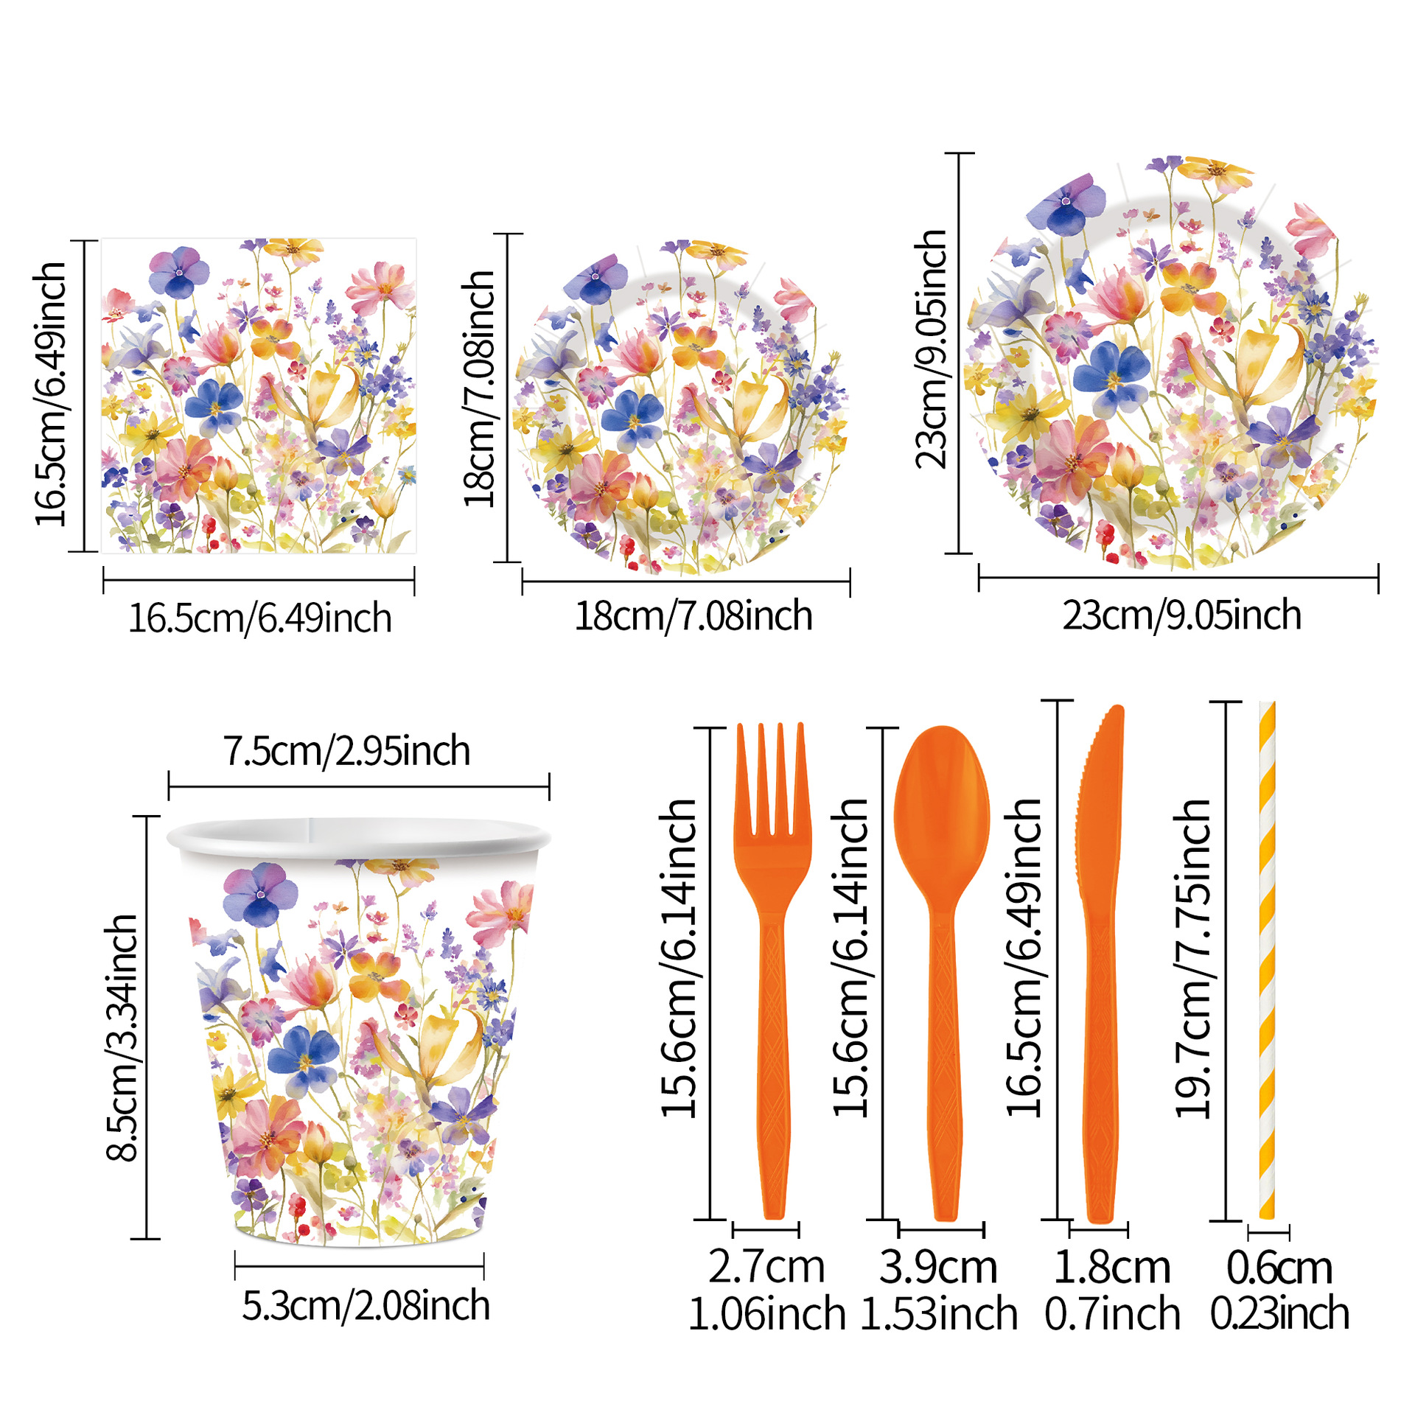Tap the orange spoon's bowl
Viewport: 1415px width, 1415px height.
point(942,811)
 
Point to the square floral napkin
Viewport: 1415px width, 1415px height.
point(259,396)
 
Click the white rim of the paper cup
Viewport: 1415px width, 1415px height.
point(359,837)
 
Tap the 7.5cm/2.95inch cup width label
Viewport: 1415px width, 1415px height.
point(346,751)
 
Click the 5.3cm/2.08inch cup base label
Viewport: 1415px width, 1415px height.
point(366,1306)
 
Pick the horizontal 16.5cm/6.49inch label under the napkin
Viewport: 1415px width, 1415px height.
point(260,618)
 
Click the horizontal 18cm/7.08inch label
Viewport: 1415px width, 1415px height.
point(693,616)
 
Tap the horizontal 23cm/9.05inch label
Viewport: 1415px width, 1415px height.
point(1181,615)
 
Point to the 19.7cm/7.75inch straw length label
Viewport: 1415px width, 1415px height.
point(1192,959)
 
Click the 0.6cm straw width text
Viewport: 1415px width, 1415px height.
point(1279,1268)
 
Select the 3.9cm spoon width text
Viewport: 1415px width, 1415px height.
point(938,1267)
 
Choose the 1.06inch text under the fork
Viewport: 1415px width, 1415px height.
point(766,1314)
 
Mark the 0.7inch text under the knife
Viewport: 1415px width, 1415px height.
point(1112,1314)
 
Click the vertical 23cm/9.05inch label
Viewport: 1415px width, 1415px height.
point(931,349)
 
